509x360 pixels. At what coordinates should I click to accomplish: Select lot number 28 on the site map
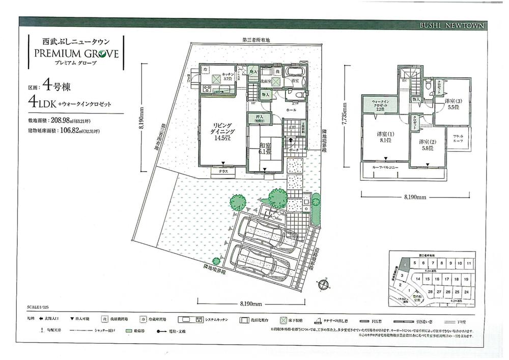tap(430, 292)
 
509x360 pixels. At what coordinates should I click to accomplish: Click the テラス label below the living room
tap(223, 172)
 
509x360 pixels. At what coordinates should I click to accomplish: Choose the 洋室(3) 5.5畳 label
tap(453, 104)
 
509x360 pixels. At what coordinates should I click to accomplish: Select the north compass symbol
tap(324, 284)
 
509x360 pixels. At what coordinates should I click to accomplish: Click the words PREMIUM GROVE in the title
tap(76, 52)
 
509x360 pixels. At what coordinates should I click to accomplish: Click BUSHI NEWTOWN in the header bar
tap(452, 25)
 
